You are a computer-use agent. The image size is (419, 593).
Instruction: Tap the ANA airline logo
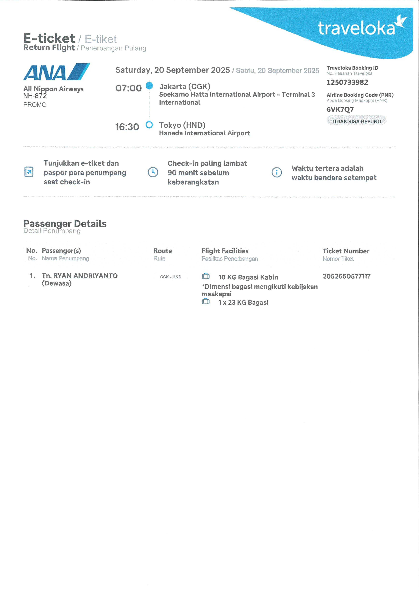tap(56, 72)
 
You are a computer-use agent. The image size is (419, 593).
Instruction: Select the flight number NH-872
tap(35, 96)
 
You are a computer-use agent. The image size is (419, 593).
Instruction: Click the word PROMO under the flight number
tap(35, 105)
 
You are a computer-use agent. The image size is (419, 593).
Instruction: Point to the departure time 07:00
tap(128, 88)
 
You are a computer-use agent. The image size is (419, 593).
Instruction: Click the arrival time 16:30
tap(127, 127)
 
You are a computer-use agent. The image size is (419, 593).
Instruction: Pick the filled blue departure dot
tap(149, 85)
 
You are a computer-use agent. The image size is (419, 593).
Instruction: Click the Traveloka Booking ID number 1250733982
tap(347, 82)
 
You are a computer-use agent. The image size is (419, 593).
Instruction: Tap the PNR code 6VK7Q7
tap(340, 110)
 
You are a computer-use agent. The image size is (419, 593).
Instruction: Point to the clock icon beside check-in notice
tap(153, 172)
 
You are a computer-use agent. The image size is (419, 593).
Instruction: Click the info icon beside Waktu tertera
tap(277, 172)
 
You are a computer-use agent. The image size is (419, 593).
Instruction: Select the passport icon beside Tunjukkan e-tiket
tap(29, 172)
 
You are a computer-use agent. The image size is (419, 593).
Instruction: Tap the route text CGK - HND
tap(171, 277)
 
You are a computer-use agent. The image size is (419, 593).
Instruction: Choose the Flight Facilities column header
tap(225, 251)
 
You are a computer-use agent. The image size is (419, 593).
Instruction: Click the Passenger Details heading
tap(65, 223)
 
